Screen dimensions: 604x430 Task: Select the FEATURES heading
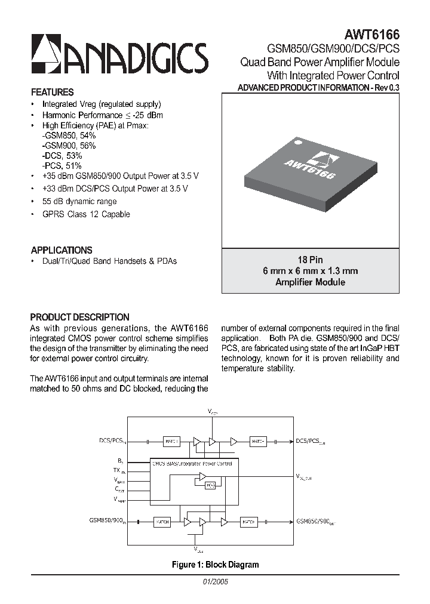tap(52, 93)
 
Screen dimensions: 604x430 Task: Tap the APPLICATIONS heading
tap(62, 251)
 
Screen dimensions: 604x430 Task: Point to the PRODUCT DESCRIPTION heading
tap(79, 318)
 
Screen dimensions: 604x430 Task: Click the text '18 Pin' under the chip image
tap(310, 260)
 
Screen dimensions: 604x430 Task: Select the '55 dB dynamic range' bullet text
tap(79, 202)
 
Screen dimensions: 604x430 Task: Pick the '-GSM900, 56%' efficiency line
tap(69, 145)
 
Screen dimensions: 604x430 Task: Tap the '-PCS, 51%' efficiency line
tap(62, 165)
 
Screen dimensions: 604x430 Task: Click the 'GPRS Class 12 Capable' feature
tap(86, 214)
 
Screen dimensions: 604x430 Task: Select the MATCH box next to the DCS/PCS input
tap(171, 442)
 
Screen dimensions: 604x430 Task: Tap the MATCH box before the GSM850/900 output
tap(249, 522)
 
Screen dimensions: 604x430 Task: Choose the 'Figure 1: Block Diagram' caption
tap(215, 564)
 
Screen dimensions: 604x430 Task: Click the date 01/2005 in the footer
tap(215, 581)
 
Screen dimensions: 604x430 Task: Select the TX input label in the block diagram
tap(121, 470)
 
